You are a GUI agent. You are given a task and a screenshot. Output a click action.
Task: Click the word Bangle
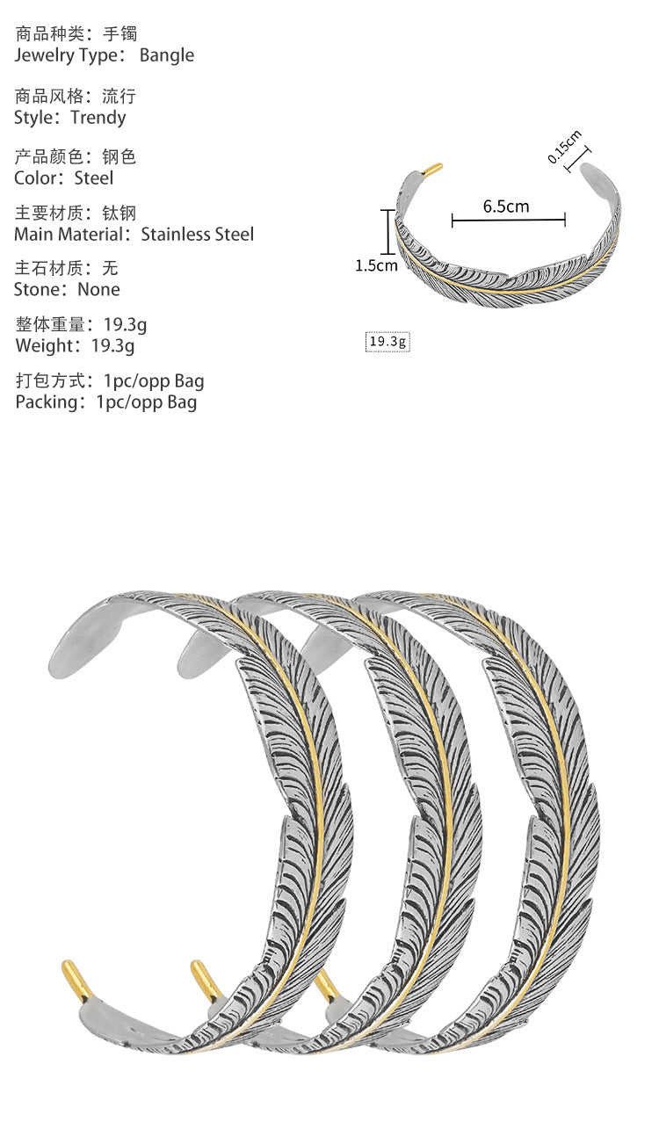click(166, 55)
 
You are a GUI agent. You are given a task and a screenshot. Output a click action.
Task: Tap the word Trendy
click(98, 118)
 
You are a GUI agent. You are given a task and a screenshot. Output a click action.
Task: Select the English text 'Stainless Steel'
click(197, 234)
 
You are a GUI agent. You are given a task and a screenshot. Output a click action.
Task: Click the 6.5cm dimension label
click(506, 206)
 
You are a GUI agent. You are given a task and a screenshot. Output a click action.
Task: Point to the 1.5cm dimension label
click(376, 265)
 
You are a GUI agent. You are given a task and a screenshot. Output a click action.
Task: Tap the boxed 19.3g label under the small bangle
click(387, 342)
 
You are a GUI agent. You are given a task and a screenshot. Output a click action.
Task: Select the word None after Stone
click(98, 289)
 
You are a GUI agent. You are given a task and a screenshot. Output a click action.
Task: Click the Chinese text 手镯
click(119, 34)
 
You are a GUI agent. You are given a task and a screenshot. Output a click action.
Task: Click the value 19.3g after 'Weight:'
click(113, 345)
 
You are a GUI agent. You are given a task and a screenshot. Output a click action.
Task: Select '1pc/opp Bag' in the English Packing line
click(147, 402)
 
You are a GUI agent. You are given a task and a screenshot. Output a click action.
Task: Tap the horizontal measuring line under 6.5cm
click(508, 221)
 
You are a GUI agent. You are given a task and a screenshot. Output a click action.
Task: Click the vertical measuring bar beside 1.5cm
click(385, 230)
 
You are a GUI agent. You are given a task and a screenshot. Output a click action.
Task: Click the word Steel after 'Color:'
click(94, 177)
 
